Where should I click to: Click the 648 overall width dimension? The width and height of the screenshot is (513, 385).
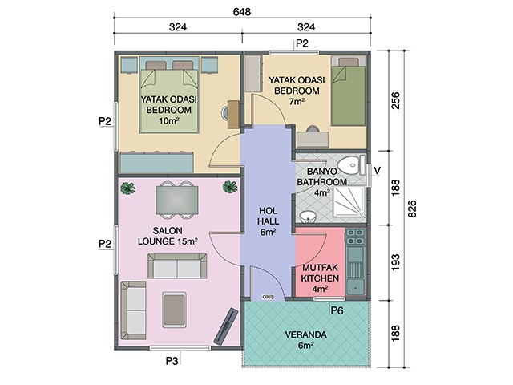(242, 12)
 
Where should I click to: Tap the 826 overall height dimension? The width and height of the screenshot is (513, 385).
(412, 209)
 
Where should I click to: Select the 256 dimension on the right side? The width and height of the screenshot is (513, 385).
(395, 101)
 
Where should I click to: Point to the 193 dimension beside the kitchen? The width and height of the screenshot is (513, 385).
(395, 262)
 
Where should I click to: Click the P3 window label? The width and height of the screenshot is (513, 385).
(172, 361)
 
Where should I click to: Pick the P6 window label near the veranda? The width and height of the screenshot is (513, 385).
(337, 310)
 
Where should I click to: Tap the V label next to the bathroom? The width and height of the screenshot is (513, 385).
(377, 171)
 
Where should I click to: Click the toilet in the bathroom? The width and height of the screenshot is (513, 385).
(352, 164)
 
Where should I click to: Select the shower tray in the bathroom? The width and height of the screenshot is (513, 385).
(349, 201)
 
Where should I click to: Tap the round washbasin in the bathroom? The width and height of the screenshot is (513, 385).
(307, 217)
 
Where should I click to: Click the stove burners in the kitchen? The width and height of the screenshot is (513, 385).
(356, 237)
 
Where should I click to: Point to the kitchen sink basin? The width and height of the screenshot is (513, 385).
(356, 287)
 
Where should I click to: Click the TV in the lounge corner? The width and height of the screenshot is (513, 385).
(226, 326)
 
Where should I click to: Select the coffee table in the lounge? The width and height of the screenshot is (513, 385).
(175, 310)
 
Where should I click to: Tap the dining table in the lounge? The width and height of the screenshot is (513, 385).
(177, 200)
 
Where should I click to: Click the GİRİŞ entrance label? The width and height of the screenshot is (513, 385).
(268, 297)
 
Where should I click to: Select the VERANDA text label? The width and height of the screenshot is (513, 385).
(305, 335)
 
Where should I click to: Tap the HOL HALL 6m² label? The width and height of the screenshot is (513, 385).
(268, 221)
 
